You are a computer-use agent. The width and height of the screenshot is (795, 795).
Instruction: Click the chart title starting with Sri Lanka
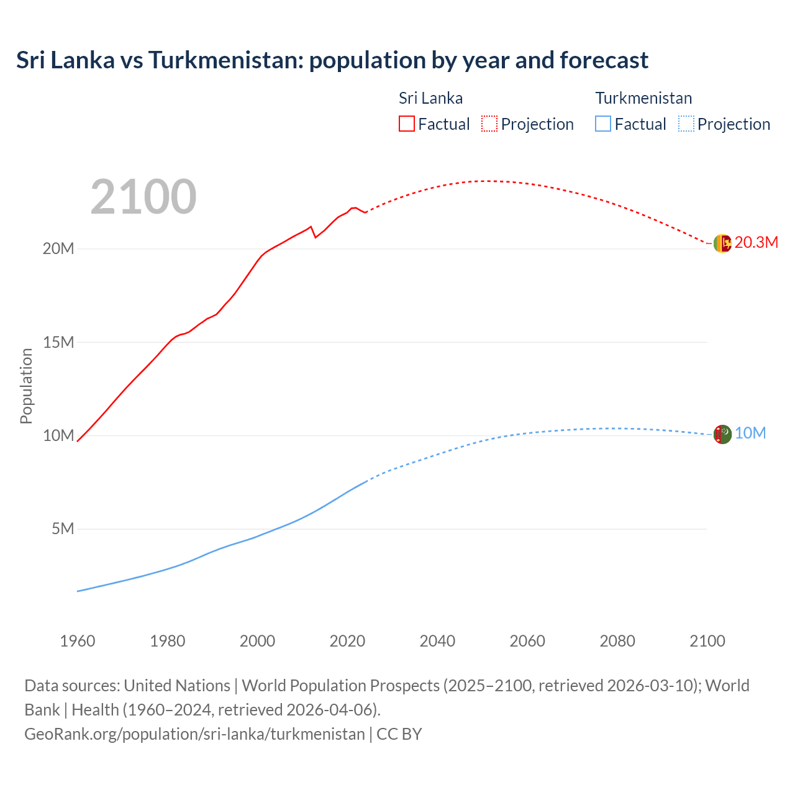click(332, 60)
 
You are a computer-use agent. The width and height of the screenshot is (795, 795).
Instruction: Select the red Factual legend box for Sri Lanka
click(406, 124)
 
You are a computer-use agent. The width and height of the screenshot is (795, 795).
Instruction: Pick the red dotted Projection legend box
click(489, 124)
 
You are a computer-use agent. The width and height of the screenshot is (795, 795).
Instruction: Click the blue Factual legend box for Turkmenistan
click(603, 124)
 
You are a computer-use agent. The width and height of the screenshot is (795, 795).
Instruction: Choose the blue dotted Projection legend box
click(686, 124)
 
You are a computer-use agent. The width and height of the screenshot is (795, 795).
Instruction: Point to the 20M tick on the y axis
click(58, 248)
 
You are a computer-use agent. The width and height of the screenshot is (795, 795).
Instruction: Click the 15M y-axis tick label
click(58, 342)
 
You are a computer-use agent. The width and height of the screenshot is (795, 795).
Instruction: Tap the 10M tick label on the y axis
click(58, 435)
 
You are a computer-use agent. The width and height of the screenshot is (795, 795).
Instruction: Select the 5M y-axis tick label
click(63, 529)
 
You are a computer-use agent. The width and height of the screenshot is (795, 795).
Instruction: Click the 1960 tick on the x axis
click(78, 641)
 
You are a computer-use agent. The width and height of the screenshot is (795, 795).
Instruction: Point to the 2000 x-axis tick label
click(257, 641)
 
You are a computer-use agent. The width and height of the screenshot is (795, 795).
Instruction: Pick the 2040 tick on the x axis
click(437, 641)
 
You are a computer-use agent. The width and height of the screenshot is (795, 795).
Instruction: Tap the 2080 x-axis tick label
click(617, 641)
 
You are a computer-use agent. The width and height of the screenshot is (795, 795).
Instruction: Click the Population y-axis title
click(26, 386)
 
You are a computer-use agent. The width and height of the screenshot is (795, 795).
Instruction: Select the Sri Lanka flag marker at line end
click(722, 243)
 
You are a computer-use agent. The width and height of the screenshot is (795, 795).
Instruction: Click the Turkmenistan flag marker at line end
click(722, 434)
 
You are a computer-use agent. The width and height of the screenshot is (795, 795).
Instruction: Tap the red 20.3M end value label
click(756, 243)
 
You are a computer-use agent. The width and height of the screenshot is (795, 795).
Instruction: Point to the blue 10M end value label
click(750, 434)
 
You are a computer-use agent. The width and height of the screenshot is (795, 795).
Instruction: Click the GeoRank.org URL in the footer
click(194, 734)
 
